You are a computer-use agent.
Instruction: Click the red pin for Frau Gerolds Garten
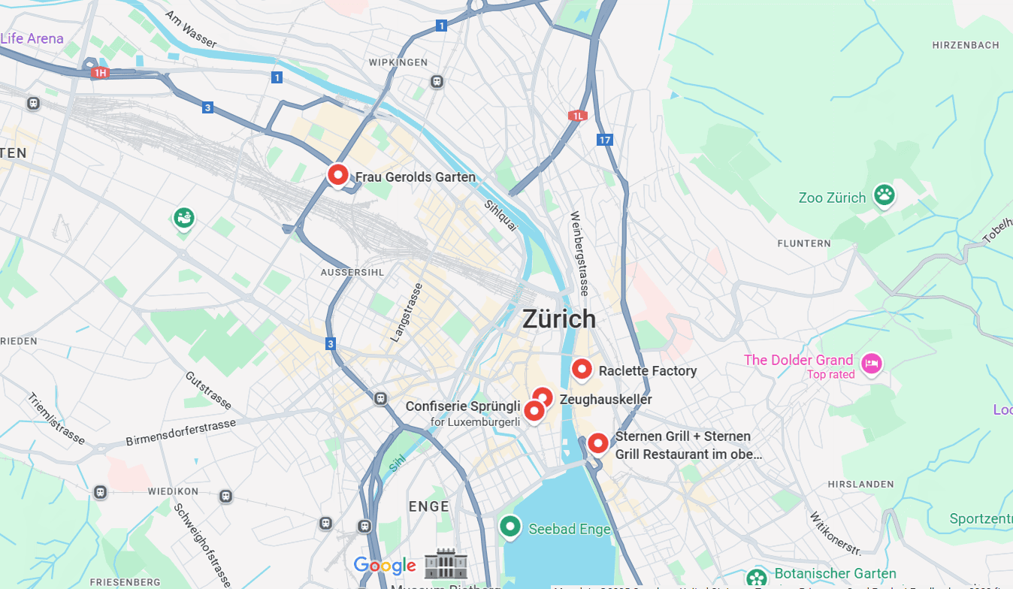pyautogui.click(x=338, y=175)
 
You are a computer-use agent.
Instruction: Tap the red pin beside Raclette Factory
pyautogui.click(x=582, y=369)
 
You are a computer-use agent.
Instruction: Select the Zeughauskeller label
pyautogui.click(x=606, y=400)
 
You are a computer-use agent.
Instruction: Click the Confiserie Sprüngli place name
pyautogui.click(x=463, y=406)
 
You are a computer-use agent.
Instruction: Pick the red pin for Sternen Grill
pyautogui.click(x=597, y=443)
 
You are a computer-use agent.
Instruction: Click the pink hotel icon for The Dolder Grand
pyautogui.click(x=871, y=364)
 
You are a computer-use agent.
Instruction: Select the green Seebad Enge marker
pyautogui.click(x=510, y=527)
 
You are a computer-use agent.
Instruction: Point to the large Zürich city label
pyautogui.click(x=559, y=319)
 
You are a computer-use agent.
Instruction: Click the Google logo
pyautogui.click(x=385, y=566)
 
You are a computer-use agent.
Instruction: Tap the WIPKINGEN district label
pyautogui.click(x=399, y=62)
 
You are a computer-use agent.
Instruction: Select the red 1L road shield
pyautogui.click(x=577, y=116)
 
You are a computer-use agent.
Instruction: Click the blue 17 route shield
pyautogui.click(x=605, y=140)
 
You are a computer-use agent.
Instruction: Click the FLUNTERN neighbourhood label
pyautogui.click(x=804, y=243)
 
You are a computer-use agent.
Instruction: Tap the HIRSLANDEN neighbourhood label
pyautogui.click(x=860, y=485)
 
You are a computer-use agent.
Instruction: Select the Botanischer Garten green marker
pyautogui.click(x=757, y=577)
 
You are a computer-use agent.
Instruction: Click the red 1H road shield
pyautogui.click(x=100, y=73)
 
